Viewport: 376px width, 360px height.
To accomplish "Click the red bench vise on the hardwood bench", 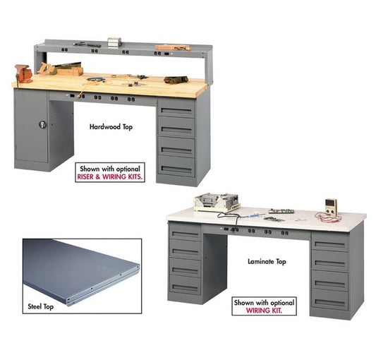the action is click(23, 73).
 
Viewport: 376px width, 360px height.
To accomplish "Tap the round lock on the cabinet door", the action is click(43, 124).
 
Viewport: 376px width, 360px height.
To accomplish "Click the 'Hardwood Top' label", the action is click(111, 127).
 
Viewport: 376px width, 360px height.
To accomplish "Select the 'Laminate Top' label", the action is click(267, 261).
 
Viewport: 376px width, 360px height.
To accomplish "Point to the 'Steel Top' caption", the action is click(40, 306).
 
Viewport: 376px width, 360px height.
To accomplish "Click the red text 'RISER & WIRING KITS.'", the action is click(109, 177).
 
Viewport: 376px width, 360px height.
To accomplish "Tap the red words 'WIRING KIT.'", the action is click(264, 311).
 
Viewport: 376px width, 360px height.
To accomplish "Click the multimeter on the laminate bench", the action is click(331, 207).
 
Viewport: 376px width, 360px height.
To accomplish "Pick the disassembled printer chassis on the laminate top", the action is click(217, 202).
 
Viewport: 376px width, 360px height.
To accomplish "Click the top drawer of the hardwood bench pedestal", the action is click(176, 108).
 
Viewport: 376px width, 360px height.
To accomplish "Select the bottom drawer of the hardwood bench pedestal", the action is click(176, 167).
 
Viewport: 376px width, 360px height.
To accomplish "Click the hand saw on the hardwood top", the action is click(60, 67).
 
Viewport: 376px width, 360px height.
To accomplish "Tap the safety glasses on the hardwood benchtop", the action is click(96, 79).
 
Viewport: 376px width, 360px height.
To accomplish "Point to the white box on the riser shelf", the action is click(114, 42).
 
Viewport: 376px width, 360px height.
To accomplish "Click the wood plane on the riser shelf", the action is click(173, 47).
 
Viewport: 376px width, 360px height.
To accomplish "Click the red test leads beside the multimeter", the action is click(328, 217).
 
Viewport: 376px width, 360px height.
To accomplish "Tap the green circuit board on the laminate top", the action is click(281, 211).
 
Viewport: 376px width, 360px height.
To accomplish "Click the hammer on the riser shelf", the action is click(87, 44).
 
